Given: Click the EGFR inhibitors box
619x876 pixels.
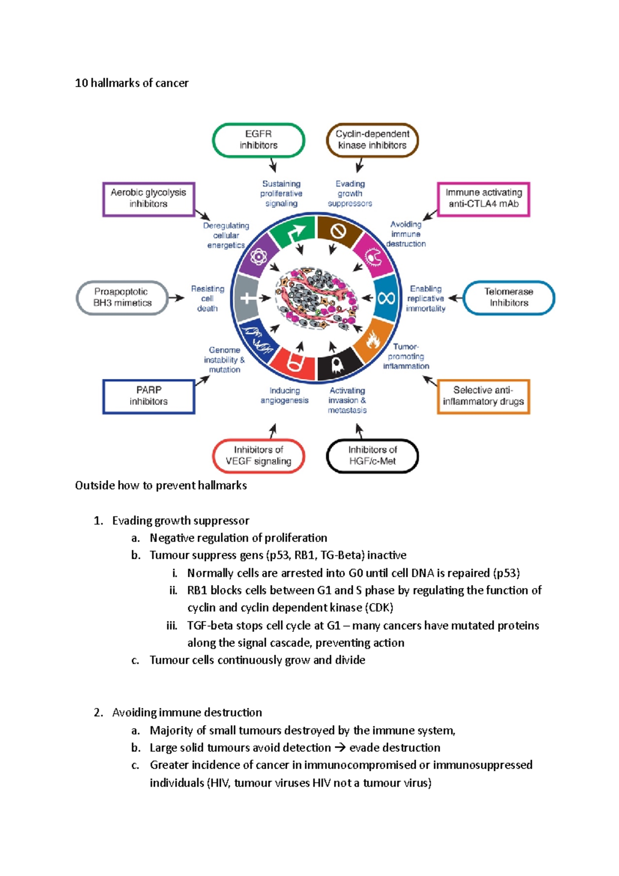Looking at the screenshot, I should coord(258,140).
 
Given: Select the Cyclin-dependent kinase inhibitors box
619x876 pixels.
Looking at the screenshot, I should coord(372,140).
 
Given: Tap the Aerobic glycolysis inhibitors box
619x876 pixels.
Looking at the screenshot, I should coord(149,199).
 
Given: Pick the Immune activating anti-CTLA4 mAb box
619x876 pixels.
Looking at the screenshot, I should coord(483,199).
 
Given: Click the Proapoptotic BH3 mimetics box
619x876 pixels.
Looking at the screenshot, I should coord(122,298).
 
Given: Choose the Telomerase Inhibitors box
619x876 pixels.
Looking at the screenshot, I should coord(509,298).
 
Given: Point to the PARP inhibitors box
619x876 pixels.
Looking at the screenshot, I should coord(149,396).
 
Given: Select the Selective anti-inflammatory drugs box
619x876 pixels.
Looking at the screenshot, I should coord(483,396).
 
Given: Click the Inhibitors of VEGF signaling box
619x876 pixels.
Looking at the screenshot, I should coord(258,456).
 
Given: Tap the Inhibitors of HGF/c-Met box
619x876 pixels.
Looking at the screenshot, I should coord(372,456).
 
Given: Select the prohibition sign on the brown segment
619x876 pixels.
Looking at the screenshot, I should coord(338,232).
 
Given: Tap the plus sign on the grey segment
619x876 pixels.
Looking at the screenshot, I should coord(247,298).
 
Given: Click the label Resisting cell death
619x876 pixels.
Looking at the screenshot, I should coord(207,299).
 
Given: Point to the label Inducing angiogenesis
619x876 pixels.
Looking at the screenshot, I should coord(284,396).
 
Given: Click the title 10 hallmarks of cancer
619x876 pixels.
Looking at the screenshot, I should coord(132,83).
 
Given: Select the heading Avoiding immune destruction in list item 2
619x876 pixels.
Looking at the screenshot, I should coord(187,712).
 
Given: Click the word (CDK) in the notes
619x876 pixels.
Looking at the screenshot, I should coord(379,608).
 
